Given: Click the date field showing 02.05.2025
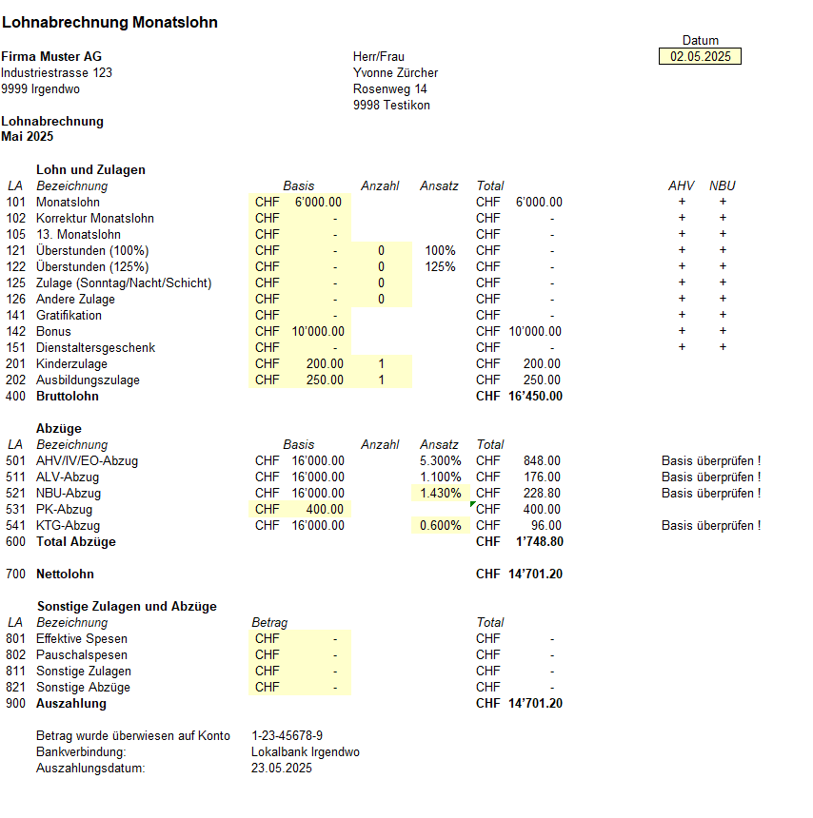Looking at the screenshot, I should (700, 57).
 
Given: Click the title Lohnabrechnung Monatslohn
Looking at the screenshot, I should (109, 22).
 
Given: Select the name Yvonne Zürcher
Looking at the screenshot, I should (395, 73).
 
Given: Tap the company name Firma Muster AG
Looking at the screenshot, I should (51, 57).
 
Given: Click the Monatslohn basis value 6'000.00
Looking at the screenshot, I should (319, 203).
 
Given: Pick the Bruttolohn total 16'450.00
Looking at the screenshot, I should (535, 397).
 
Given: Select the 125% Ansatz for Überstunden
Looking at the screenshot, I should (440, 267).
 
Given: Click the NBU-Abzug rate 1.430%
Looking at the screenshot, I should (442, 494).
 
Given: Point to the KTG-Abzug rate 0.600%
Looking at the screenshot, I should (442, 526).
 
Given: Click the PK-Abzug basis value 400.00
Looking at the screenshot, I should (325, 510).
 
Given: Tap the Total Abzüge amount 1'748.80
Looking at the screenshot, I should (539, 542).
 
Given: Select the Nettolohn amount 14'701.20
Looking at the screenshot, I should (535, 575).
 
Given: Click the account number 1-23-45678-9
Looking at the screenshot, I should (287, 736).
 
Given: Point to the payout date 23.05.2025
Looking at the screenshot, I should (281, 769).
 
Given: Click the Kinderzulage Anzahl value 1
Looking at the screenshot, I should (381, 364).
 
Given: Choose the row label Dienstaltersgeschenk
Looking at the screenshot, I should (95, 348).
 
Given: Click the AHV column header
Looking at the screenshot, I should (682, 186).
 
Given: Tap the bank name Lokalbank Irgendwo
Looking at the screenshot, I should (305, 752).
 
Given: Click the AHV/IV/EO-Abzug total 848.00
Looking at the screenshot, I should (542, 461).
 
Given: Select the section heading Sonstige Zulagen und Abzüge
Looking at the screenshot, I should (127, 607).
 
